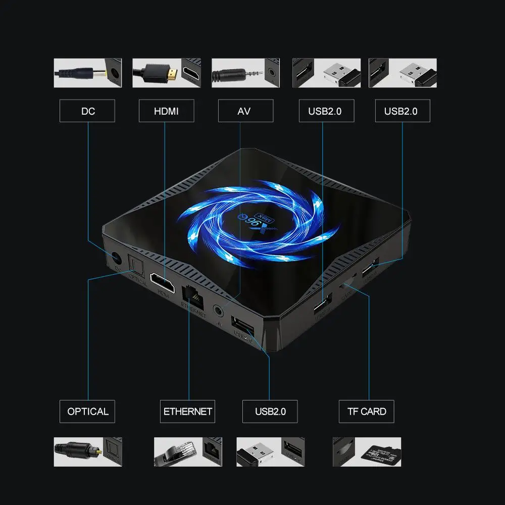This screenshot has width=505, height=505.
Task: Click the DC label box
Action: [87, 111]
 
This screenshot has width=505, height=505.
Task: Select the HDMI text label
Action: [166, 111]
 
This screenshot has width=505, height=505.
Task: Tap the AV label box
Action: [245, 111]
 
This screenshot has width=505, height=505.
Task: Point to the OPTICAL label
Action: [87, 411]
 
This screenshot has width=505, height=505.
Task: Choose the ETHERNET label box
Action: [187, 411]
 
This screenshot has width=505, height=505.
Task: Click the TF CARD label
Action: [366, 411]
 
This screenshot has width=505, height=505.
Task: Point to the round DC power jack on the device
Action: [115, 259]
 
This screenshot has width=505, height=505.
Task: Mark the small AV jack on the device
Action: [219, 309]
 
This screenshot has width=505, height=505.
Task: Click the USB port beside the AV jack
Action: [241, 323]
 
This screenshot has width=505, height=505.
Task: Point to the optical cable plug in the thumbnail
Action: [81, 448]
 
